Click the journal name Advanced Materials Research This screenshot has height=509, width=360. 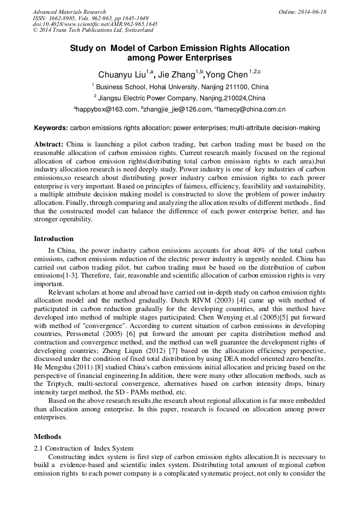click(x=69, y=12)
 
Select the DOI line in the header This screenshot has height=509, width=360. click(x=95, y=24)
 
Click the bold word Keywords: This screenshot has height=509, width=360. click(x=51, y=128)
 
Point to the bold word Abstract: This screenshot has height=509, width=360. click(x=49, y=144)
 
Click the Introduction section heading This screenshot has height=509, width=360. click(x=54, y=239)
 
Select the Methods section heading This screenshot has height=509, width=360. click(x=47, y=437)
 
